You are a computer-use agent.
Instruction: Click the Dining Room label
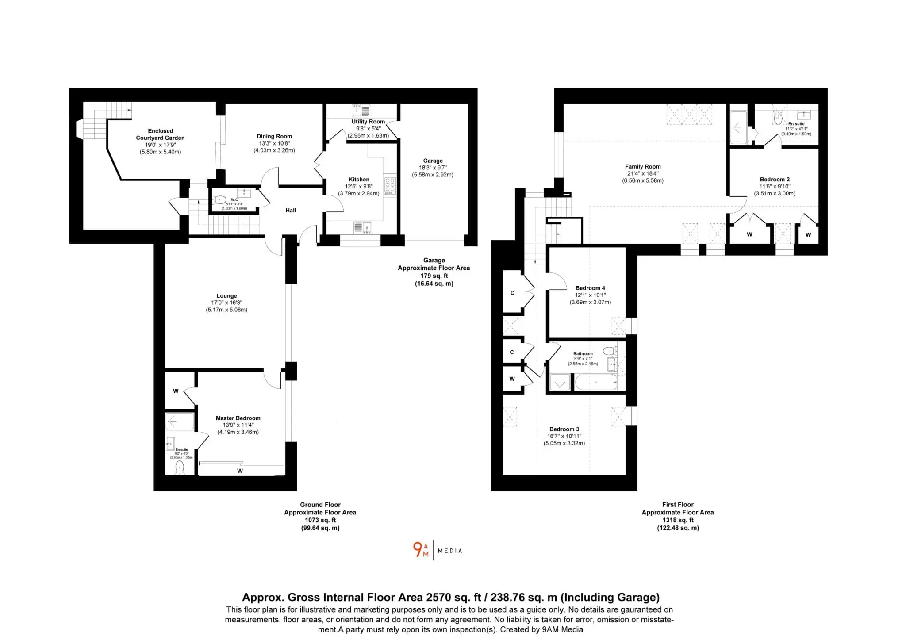(x=274, y=136)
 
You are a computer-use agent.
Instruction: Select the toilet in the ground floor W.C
(x=219, y=200)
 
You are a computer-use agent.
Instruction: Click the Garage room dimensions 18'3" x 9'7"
(x=433, y=168)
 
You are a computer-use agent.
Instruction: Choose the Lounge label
(x=226, y=296)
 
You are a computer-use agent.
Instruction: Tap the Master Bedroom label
(x=238, y=418)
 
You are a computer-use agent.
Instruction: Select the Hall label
(x=291, y=211)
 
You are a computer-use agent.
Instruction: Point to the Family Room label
(x=643, y=167)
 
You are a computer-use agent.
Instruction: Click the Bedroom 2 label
(x=775, y=180)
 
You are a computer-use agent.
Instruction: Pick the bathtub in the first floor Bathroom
(x=595, y=382)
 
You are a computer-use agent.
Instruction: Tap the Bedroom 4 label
(x=590, y=288)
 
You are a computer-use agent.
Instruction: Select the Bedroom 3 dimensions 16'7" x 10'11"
(x=564, y=436)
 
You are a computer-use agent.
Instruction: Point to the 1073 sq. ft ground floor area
(x=320, y=520)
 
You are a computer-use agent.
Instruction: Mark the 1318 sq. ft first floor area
(x=678, y=520)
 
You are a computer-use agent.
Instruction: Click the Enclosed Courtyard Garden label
(x=160, y=134)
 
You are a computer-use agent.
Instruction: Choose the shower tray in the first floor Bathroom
(x=560, y=382)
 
